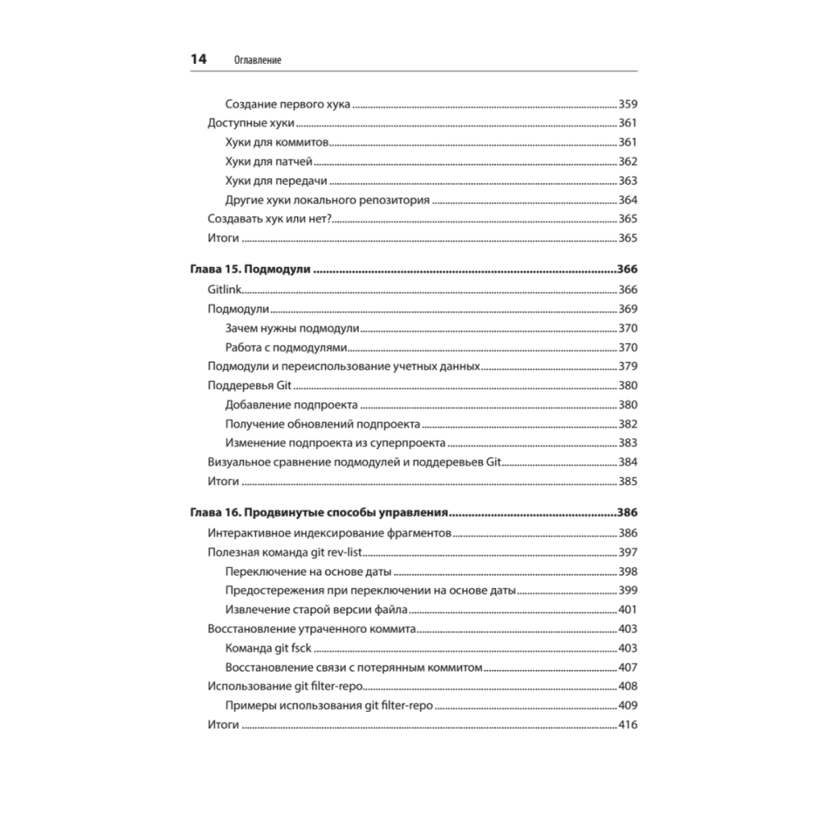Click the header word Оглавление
click(x=257, y=61)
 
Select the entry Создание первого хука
click(x=287, y=104)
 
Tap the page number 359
click(x=628, y=104)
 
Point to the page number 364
click(x=628, y=200)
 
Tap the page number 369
click(x=628, y=309)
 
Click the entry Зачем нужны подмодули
click(x=292, y=328)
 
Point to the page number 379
click(x=628, y=366)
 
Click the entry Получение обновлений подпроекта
click(x=323, y=424)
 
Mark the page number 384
click(x=628, y=461)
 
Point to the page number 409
click(x=628, y=705)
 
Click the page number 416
click(x=628, y=725)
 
